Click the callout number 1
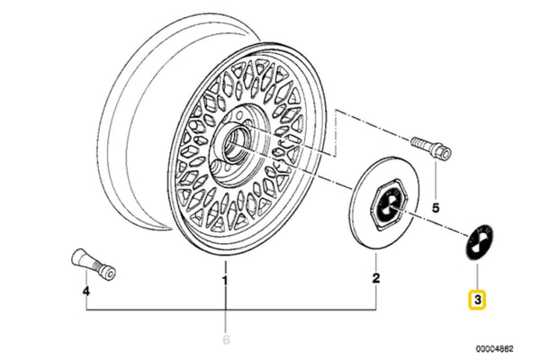point(225,281)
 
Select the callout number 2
point(375,278)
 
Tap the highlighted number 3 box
point(477,300)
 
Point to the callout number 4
point(86,292)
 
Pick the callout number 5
point(436,208)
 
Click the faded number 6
point(226,339)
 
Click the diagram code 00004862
point(494,349)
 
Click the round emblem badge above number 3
point(480,242)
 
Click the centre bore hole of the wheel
point(234,144)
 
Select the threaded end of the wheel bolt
point(418,141)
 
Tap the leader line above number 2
point(375,262)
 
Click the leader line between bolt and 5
point(436,179)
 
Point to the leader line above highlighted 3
point(477,276)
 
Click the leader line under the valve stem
point(86,278)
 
